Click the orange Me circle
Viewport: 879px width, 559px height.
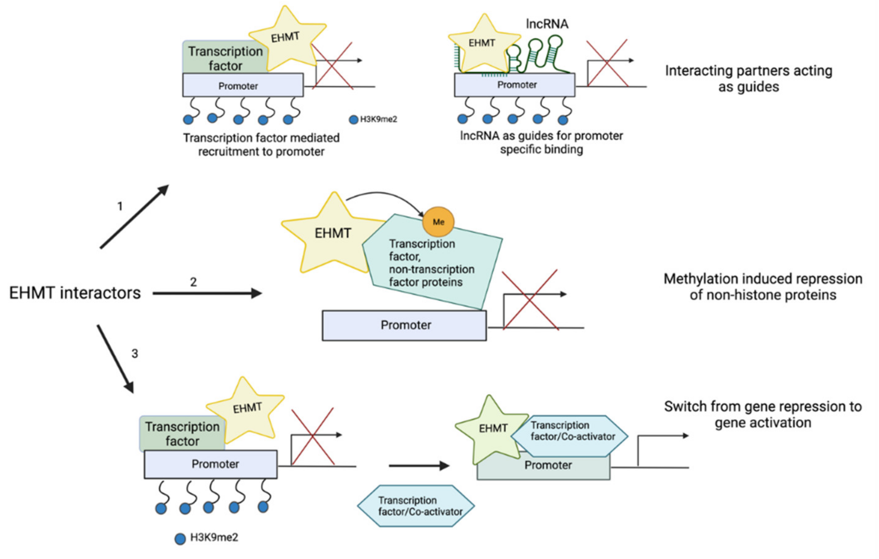[438, 222]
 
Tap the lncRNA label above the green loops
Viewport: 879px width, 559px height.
[547, 24]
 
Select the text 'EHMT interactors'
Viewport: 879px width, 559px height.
[75, 293]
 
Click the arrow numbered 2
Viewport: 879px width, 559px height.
[207, 293]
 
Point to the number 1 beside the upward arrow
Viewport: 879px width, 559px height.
[120, 206]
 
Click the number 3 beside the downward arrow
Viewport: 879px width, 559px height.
[135, 353]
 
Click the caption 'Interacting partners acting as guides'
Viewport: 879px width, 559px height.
[748, 78]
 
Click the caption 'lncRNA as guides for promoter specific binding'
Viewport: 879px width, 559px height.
[541, 142]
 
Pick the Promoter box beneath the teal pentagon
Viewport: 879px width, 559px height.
[404, 325]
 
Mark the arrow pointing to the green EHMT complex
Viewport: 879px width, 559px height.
[419, 466]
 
